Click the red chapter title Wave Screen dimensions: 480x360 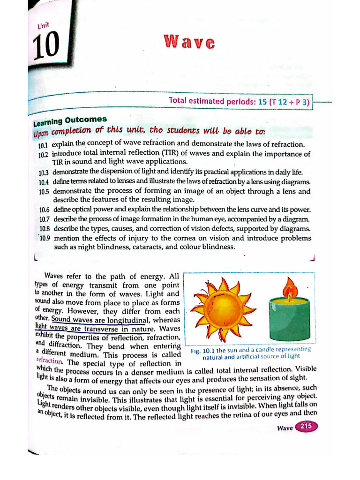click(x=189, y=43)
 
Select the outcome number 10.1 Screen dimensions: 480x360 click(x=44, y=145)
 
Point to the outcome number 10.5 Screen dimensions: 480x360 click(x=44, y=192)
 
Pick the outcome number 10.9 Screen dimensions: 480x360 click(x=45, y=239)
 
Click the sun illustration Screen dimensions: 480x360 click(x=224, y=307)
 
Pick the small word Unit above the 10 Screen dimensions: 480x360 click(x=44, y=27)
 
